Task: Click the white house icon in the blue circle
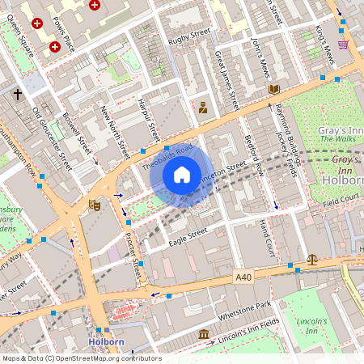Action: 182,174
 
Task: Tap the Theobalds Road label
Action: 168,156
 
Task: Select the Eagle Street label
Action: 188,231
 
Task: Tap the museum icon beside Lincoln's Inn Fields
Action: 203,334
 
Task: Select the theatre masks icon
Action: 94,205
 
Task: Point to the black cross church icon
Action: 18,95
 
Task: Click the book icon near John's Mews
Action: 274,89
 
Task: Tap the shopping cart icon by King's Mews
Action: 343,44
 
